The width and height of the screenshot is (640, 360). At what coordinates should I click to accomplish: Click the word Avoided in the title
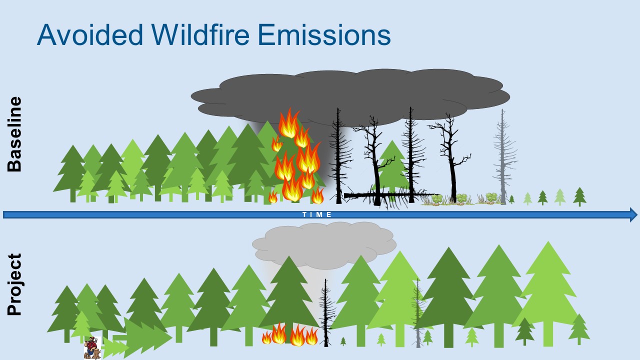(90, 35)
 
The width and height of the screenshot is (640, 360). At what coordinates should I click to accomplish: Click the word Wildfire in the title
(200, 35)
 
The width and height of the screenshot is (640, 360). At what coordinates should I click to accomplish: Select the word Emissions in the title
(324, 35)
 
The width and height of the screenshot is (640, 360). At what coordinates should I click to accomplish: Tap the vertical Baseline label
(14, 134)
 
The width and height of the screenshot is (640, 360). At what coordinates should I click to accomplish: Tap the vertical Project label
(14, 284)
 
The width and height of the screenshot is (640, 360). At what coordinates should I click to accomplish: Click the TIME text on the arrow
(317, 214)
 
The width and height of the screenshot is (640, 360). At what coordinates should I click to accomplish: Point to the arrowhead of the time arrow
(633, 215)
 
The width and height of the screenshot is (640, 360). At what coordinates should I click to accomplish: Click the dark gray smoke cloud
(350, 95)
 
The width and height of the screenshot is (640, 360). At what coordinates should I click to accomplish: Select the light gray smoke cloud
(324, 245)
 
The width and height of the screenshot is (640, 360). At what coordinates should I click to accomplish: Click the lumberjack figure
(92, 347)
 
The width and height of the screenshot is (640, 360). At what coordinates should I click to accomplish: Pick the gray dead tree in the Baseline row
(504, 156)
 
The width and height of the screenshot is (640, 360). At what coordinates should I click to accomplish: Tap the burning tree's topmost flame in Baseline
(289, 123)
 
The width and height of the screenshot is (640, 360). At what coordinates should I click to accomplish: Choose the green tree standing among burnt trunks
(392, 165)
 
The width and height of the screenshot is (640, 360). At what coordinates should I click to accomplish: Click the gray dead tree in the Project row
(417, 313)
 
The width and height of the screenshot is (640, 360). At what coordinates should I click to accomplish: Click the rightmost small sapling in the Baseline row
(579, 196)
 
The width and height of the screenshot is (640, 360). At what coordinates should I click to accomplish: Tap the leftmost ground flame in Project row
(266, 338)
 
